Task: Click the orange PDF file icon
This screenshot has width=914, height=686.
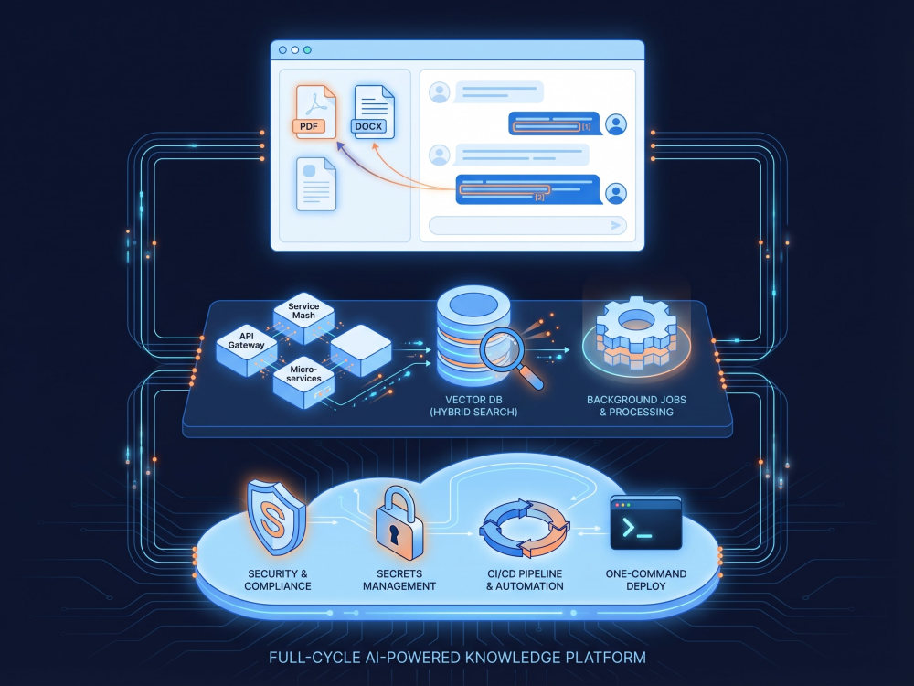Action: tap(315, 112)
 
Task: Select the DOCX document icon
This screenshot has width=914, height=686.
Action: tap(374, 112)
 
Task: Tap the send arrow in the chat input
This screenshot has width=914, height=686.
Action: tap(615, 225)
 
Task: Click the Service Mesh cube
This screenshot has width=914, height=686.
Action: tap(303, 318)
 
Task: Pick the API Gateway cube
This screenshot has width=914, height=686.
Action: tap(246, 349)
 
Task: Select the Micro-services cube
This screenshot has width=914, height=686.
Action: tap(303, 382)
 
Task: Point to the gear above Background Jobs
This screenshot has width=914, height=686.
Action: tap(636, 333)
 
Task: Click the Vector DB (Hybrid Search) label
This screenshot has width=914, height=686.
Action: tap(473, 406)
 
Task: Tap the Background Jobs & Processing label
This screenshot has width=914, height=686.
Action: tap(636, 406)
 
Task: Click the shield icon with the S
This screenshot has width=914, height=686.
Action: tap(275, 517)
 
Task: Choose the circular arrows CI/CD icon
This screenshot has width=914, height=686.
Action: tap(524, 528)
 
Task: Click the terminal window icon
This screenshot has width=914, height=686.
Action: tap(646, 522)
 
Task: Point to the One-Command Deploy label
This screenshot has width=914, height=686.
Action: tap(646, 580)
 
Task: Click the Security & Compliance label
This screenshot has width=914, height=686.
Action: tap(278, 580)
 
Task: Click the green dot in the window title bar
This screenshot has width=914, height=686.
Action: tap(307, 50)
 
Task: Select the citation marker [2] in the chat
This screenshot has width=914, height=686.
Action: tap(539, 198)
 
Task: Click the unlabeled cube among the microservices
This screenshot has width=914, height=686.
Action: tap(361, 350)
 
